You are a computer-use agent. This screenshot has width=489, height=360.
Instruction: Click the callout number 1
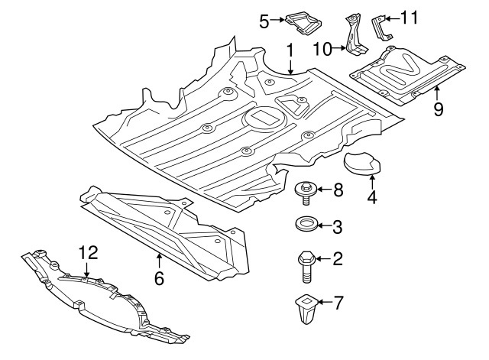(x=290, y=51)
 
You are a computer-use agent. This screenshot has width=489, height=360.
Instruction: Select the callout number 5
(x=264, y=21)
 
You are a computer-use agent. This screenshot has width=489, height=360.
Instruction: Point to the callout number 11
(x=410, y=16)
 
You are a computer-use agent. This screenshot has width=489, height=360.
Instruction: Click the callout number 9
(x=439, y=109)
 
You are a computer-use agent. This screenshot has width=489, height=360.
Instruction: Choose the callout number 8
(x=338, y=189)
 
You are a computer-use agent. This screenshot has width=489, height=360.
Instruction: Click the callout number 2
(x=337, y=261)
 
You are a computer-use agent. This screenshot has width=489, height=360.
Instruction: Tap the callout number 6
(x=159, y=279)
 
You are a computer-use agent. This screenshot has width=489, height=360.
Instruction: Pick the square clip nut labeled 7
(x=307, y=307)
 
